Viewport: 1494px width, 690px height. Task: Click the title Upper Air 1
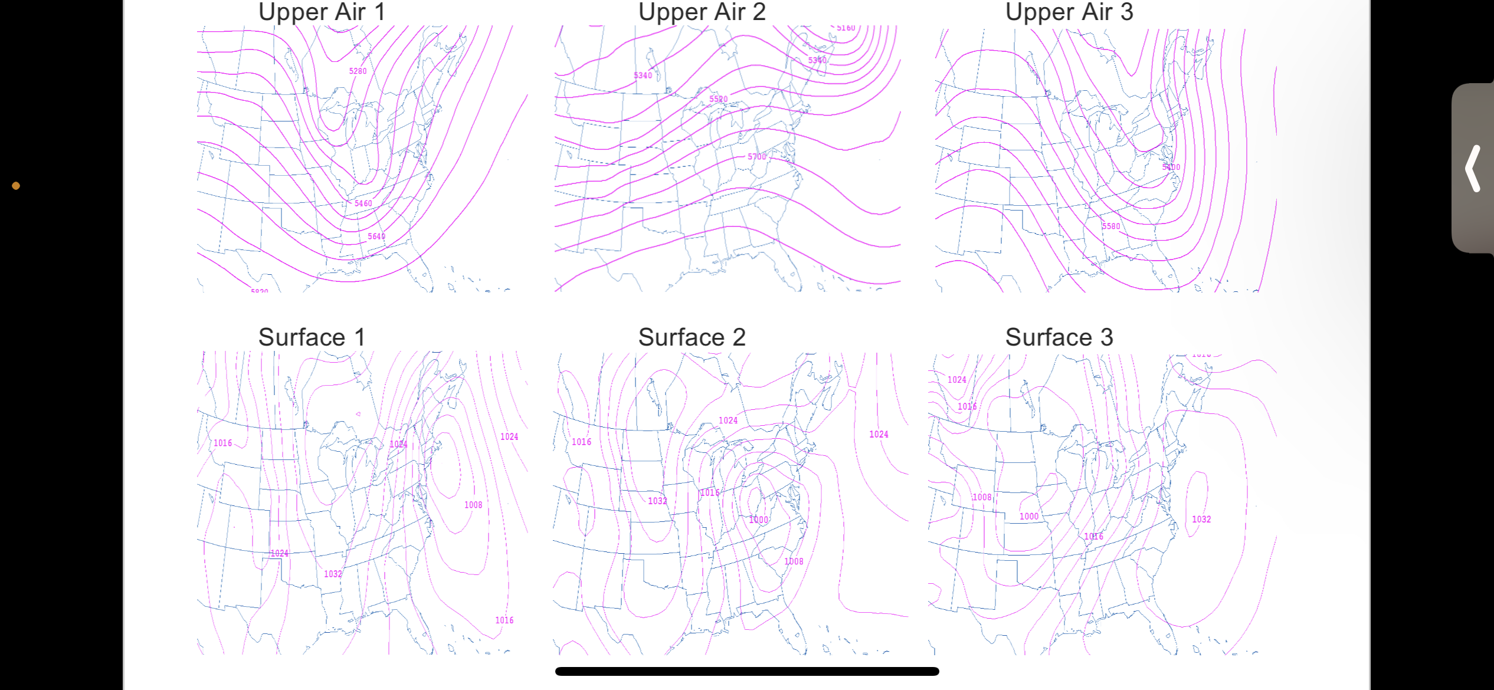point(322,12)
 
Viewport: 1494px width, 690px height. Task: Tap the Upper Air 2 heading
point(702,12)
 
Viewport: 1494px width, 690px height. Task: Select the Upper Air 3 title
point(1069,12)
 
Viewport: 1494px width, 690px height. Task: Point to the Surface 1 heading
point(312,337)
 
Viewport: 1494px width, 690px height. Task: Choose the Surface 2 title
point(692,337)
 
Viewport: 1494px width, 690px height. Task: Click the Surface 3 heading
point(1059,337)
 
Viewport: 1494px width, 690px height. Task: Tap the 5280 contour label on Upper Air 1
point(358,71)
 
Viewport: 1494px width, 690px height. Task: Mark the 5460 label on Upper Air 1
point(363,203)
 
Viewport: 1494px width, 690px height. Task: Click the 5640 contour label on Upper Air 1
point(376,236)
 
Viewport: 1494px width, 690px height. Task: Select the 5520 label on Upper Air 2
point(718,99)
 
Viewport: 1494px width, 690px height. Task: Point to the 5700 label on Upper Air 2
point(756,157)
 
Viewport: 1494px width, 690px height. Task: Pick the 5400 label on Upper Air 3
point(1171,167)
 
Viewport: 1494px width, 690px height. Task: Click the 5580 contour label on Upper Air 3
point(1110,226)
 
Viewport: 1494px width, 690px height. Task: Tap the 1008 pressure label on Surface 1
point(473,505)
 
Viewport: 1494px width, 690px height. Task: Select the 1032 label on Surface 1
point(333,574)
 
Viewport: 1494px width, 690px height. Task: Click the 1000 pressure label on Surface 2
point(759,520)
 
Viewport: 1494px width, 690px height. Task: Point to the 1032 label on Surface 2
point(657,501)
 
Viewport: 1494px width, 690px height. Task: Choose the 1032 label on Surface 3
point(1201,520)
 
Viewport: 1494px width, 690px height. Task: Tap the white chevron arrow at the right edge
point(1473,169)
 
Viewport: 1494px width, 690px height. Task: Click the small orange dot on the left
point(16,186)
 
